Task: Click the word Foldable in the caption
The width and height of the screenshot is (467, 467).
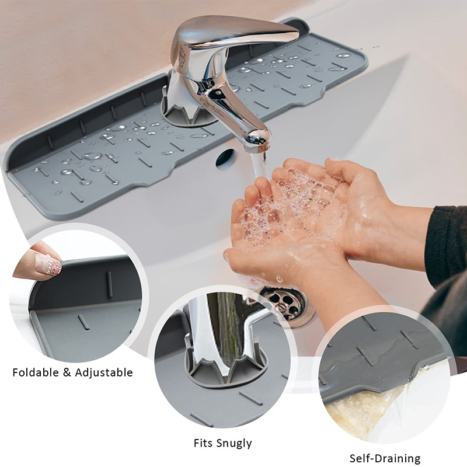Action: [x=36, y=372]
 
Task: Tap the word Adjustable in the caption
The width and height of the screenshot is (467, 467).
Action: [x=104, y=373]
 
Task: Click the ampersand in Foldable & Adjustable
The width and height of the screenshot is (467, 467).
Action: [x=67, y=373]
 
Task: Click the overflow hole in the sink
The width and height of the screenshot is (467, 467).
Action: [x=225, y=158]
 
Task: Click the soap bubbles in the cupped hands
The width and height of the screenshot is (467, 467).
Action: [x=286, y=205]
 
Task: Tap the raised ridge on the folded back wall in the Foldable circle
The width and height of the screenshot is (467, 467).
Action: [x=110, y=284]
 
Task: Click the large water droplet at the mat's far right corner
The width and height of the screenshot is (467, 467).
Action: [x=343, y=55]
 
